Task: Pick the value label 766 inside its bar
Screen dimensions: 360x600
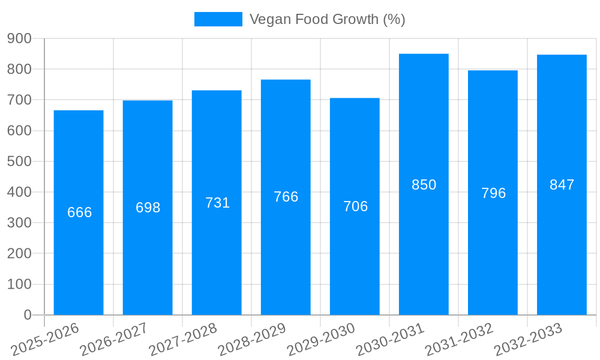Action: click(x=286, y=197)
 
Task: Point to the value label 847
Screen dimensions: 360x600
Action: click(x=562, y=185)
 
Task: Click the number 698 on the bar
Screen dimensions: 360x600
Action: click(x=148, y=208)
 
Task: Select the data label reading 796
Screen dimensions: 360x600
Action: click(x=493, y=193)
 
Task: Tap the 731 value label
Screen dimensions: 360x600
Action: click(x=217, y=203)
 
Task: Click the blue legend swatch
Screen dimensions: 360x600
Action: click(x=218, y=19)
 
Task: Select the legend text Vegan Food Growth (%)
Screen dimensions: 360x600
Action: click(x=327, y=19)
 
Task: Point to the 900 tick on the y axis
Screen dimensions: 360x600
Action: click(x=19, y=38)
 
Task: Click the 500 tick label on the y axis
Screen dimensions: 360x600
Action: click(x=19, y=161)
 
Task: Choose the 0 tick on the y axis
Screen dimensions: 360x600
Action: click(x=27, y=314)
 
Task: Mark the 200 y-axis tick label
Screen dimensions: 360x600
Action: click(x=19, y=253)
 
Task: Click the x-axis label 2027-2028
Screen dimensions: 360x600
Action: click(x=183, y=339)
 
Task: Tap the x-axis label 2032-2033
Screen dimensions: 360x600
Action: click(x=528, y=339)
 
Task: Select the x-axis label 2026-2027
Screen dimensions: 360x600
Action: click(x=114, y=339)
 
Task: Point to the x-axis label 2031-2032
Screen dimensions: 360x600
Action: click(x=459, y=339)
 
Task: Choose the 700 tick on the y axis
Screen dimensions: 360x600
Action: click(x=19, y=100)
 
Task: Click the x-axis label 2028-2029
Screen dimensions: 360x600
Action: click(x=252, y=339)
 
